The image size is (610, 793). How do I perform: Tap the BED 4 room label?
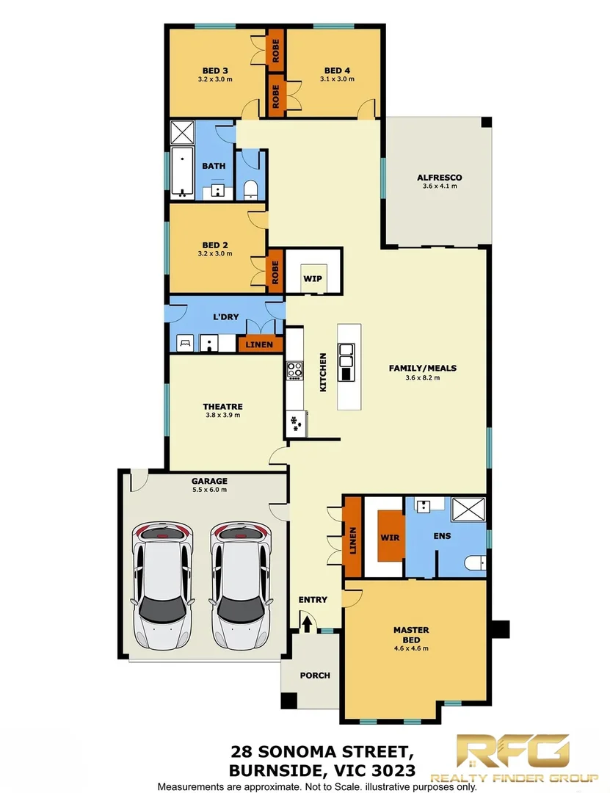coord(337,70)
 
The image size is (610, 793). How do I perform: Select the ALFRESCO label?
coord(439,178)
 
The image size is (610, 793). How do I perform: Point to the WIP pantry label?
coord(313,279)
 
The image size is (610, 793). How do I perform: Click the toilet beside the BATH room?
coord(250,189)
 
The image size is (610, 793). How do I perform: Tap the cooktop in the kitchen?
coord(294,369)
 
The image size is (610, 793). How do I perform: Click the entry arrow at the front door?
coord(308,623)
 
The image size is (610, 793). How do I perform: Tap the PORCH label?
coord(315,676)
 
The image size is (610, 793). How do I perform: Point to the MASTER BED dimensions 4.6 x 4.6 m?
coord(411,648)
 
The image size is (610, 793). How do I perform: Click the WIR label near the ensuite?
coord(390,537)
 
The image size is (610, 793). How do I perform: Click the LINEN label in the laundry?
coord(260,344)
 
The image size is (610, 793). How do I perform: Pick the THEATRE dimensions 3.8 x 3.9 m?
coord(222,416)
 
